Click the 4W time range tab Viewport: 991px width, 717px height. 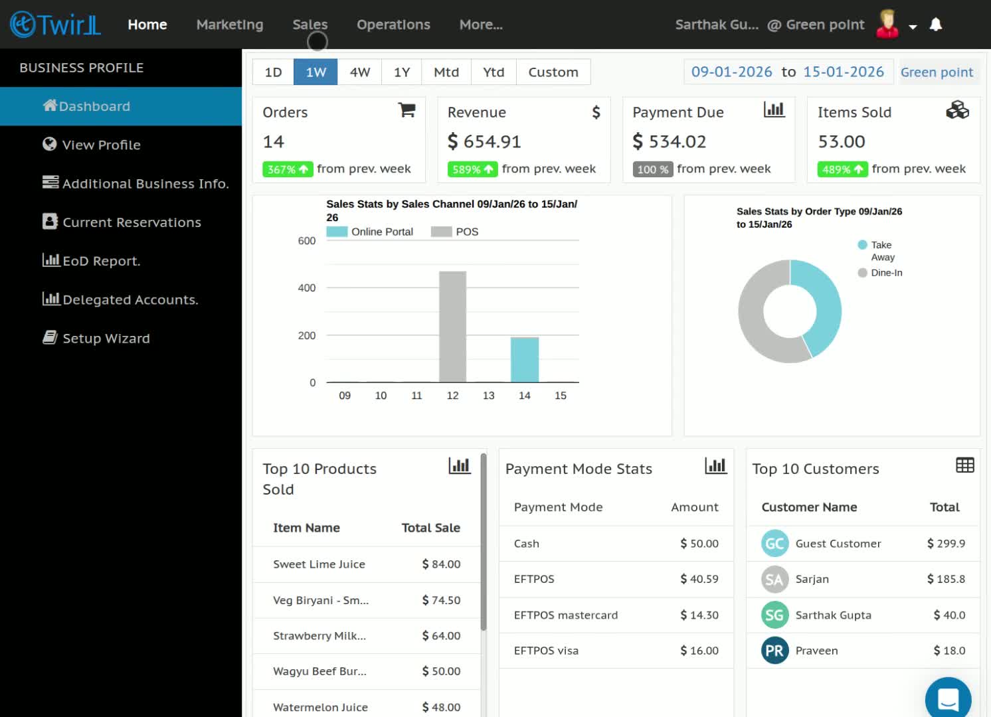coord(360,72)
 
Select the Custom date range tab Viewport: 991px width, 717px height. coord(553,72)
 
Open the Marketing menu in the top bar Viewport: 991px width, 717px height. coord(230,25)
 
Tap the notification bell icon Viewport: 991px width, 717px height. coord(935,25)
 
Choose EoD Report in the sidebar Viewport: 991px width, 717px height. coord(91,260)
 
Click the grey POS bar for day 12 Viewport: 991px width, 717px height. coord(452,327)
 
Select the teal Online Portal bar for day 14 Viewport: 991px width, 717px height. coord(524,360)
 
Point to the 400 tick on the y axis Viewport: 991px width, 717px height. coord(307,288)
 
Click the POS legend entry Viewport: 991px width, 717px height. coord(455,231)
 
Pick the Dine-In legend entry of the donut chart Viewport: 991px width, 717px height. coord(880,272)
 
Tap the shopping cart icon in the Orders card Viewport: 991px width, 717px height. coord(406,110)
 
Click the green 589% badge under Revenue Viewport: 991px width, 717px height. coord(472,169)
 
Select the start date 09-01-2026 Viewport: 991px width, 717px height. coord(731,72)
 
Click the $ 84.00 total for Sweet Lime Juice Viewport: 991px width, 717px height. coord(441,564)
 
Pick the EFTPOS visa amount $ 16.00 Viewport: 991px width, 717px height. coord(699,650)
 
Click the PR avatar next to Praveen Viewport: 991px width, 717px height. coord(774,650)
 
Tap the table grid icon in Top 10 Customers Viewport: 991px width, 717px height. coord(964,465)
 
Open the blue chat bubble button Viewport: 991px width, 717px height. coord(948,699)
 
